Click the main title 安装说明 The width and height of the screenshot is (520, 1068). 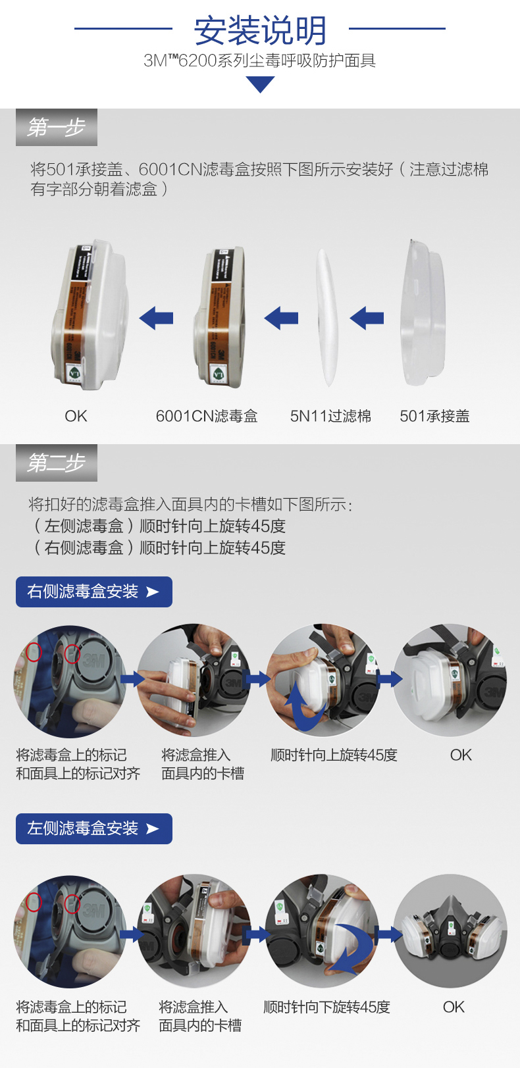click(x=260, y=30)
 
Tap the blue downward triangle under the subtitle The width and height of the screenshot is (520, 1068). click(x=260, y=84)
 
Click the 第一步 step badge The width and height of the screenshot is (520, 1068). click(x=57, y=127)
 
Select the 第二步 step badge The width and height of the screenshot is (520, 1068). click(x=57, y=463)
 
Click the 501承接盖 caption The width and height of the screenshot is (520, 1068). click(x=434, y=416)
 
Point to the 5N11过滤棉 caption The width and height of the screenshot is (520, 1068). click(x=330, y=416)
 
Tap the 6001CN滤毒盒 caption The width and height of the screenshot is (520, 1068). click(x=207, y=416)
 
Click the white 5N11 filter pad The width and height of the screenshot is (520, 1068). click(x=328, y=317)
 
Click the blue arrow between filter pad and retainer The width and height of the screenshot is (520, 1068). click(x=367, y=318)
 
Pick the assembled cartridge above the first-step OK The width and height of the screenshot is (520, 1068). click(x=90, y=315)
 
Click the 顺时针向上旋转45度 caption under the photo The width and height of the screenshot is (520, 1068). click(x=334, y=755)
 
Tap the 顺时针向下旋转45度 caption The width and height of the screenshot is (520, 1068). click(x=326, y=1007)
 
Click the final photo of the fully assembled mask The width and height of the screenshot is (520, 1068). click(x=450, y=930)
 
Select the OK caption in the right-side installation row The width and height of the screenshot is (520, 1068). click(x=461, y=755)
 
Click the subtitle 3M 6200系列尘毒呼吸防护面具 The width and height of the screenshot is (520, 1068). click(x=260, y=61)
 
